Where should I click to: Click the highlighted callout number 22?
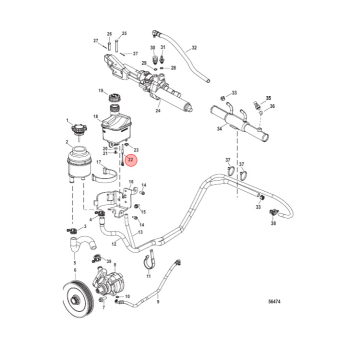[x=131, y=160]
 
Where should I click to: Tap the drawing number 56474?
[x=274, y=301]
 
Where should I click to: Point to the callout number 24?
[x=158, y=110]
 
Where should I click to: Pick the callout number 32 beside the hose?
[x=194, y=48]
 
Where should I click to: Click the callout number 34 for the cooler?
[x=219, y=128]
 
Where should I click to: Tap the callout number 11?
[x=148, y=276]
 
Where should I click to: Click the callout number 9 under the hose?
[x=158, y=301]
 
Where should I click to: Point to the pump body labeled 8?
[x=112, y=283]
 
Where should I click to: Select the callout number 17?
[x=99, y=162]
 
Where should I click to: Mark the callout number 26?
[x=109, y=34]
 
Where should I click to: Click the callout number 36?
[x=272, y=106]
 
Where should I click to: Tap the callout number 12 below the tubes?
[x=114, y=244]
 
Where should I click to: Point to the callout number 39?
[x=109, y=261]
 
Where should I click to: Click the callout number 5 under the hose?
[x=75, y=262]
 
